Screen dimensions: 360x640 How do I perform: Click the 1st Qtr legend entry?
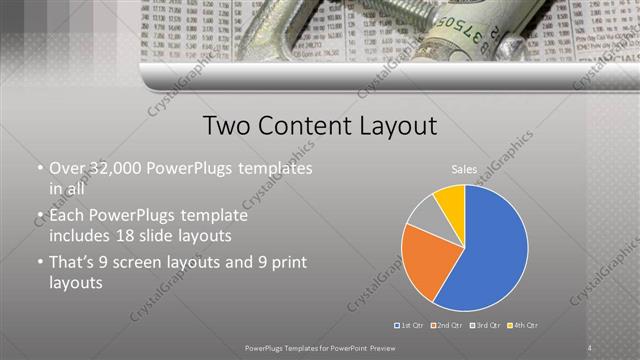point(412,325)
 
